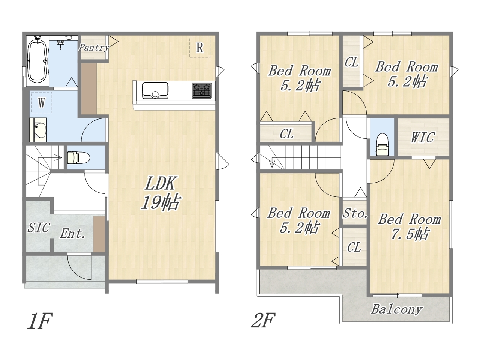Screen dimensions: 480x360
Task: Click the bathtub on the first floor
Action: (37, 61)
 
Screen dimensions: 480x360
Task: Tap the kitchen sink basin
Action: (155, 90)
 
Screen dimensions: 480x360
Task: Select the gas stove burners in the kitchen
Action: (202, 90)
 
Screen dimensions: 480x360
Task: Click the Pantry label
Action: (94, 47)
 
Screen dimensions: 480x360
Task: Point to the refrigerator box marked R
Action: (199, 47)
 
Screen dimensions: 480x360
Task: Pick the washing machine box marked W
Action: (42, 102)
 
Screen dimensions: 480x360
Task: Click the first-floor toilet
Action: (78, 157)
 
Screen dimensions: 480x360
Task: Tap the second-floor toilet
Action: (382, 145)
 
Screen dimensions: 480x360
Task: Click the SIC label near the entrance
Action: (39, 227)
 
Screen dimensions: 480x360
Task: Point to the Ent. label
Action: (73, 234)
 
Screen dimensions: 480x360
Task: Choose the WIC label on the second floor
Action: (423, 137)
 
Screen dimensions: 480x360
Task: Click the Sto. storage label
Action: (355, 213)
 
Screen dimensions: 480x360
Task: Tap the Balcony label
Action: (397, 309)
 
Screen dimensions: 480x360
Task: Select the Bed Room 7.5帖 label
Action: (409, 226)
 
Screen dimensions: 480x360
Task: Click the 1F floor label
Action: (40, 321)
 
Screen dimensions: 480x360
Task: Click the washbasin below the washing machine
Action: (38, 130)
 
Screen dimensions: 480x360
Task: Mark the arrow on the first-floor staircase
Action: (57, 157)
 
